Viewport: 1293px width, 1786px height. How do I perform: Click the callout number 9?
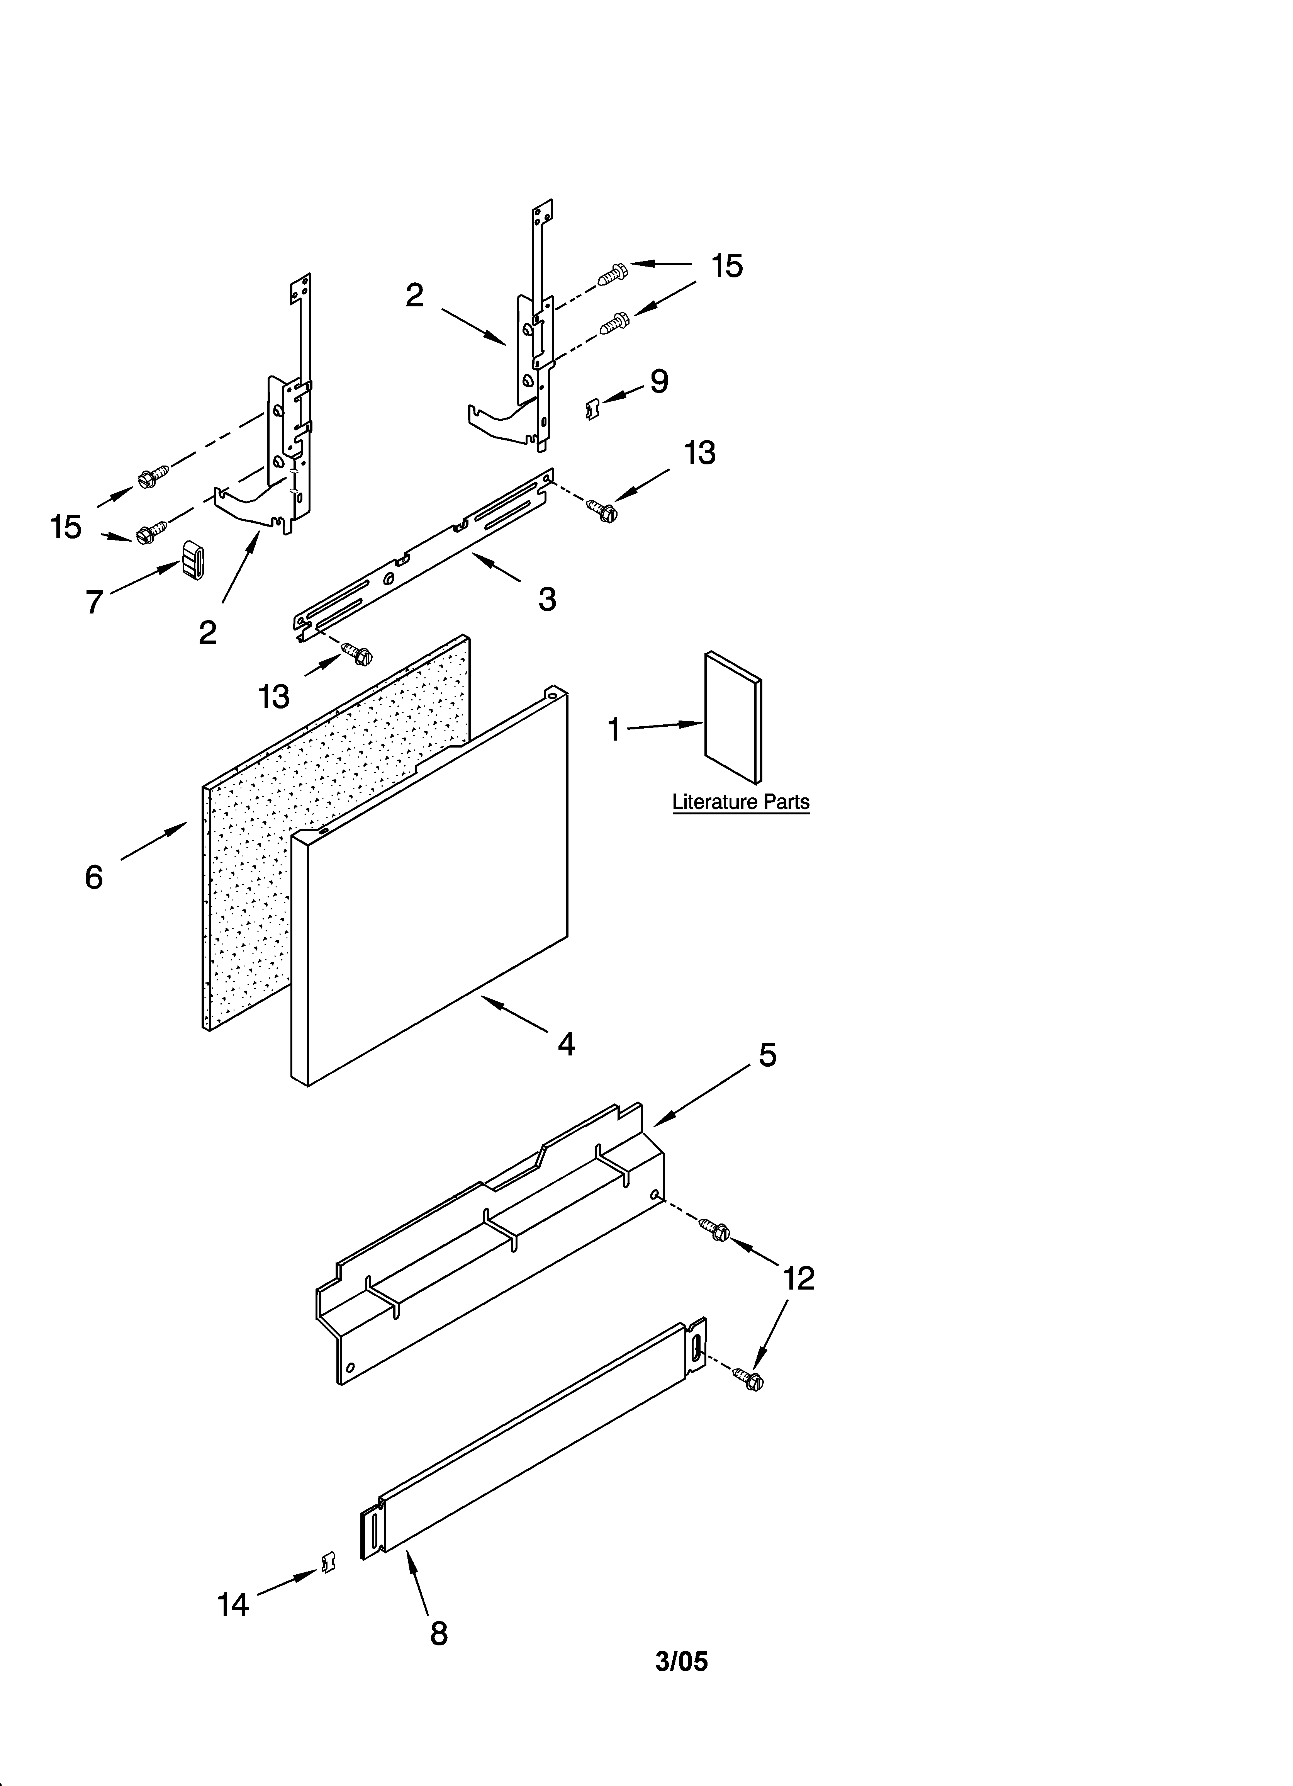(659, 382)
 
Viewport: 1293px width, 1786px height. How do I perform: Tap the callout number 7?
(95, 602)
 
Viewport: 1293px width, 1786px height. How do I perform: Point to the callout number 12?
(799, 1278)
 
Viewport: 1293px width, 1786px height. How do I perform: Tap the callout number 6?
(94, 877)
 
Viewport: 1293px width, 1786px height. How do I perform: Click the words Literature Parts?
(740, 802)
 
